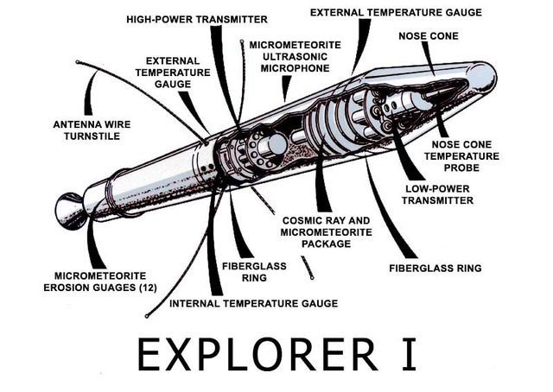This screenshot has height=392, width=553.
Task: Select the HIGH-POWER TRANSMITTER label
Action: [x=196, y=19]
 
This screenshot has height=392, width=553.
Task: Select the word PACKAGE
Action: [x=315, y=244]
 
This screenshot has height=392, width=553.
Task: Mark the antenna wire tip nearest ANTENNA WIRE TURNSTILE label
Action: [x=78, y=62]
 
